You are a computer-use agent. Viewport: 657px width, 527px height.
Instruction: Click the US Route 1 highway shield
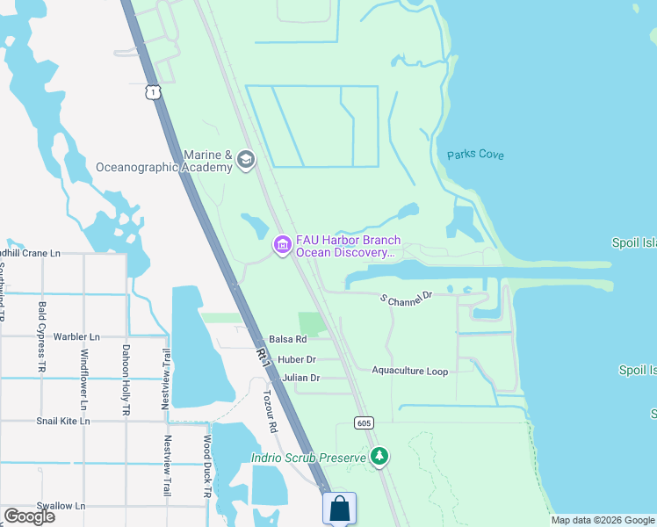coord(154,92)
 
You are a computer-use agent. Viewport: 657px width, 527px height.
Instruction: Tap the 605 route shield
coord(364,422)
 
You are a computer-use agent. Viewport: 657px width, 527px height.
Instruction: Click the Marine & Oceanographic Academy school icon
coord(245,160)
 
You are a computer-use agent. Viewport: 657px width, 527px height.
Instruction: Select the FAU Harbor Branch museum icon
coord(283,245)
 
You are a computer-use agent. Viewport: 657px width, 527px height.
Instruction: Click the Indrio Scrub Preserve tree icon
coord(379,456)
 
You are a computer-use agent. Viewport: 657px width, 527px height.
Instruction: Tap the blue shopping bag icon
coord(339,508)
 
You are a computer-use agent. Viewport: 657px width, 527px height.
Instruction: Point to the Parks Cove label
coord(475,155)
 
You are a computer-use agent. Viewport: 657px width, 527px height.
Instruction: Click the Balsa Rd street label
coord(287,339)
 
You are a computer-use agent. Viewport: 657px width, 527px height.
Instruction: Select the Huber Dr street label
coord(296,359)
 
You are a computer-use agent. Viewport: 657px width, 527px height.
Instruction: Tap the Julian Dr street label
coord(300,378)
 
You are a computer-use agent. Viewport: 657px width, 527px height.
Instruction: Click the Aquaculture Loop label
coord(409,372)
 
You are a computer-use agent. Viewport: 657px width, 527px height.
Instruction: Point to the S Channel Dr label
coord(407,299)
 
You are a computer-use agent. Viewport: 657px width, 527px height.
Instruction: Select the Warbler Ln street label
coord(76,336)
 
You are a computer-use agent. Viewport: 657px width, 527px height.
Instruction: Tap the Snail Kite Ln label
coord(62,421)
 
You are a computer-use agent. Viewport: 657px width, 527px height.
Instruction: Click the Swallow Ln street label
coord(61,506)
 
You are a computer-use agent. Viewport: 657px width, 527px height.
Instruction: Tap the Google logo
coord(30,516)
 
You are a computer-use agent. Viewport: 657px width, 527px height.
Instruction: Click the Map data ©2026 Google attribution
coord(603,520)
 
